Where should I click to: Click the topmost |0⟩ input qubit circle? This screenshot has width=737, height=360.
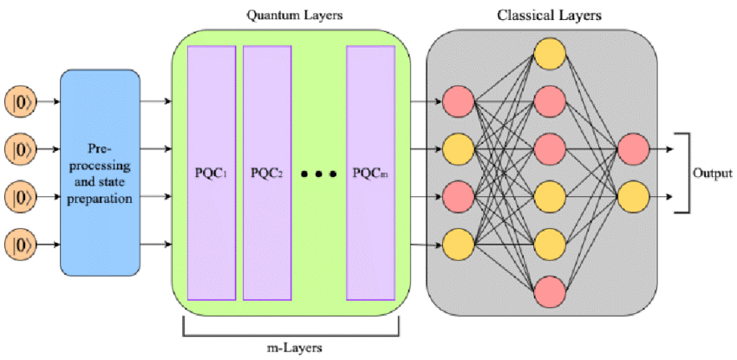click(20, 101)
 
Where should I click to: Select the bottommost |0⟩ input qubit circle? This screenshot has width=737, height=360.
click(20, 245)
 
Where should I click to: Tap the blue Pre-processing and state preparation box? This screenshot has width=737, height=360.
click(100, 173)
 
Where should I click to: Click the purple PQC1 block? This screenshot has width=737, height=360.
click(212, 173)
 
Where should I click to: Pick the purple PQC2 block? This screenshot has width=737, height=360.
click(267, 173)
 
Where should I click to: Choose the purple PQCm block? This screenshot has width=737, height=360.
click(371, 173)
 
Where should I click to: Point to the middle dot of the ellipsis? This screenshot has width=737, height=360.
click(319, 174)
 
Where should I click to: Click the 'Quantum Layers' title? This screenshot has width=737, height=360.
click(295, 16)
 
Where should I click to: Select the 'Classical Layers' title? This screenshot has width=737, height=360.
click(550, 16)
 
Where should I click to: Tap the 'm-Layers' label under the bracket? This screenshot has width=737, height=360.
click(291, 348)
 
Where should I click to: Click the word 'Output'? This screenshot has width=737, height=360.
click(713, 173)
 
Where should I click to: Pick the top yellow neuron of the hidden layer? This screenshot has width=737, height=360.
click(550, 53)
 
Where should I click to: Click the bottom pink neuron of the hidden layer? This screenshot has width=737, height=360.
click(550, 291)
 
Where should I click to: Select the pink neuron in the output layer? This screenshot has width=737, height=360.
click(633, 149)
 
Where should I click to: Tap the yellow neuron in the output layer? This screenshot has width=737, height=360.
click(633, 197)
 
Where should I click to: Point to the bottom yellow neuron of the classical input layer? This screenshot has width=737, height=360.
click(459, 245)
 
